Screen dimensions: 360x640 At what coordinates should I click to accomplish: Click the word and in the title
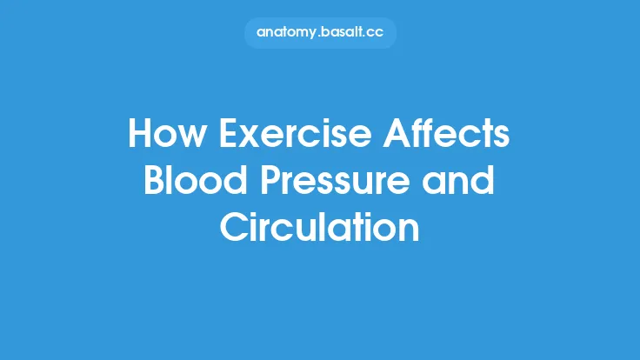462,182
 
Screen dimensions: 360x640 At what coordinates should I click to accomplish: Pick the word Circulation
320,228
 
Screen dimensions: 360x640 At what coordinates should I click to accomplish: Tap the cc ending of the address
383,33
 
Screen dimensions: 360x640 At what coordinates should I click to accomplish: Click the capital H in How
139,136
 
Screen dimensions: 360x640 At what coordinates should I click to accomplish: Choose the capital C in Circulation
234,228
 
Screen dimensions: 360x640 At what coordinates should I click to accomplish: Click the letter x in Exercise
244,139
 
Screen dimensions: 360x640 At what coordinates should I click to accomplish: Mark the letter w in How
191,139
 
